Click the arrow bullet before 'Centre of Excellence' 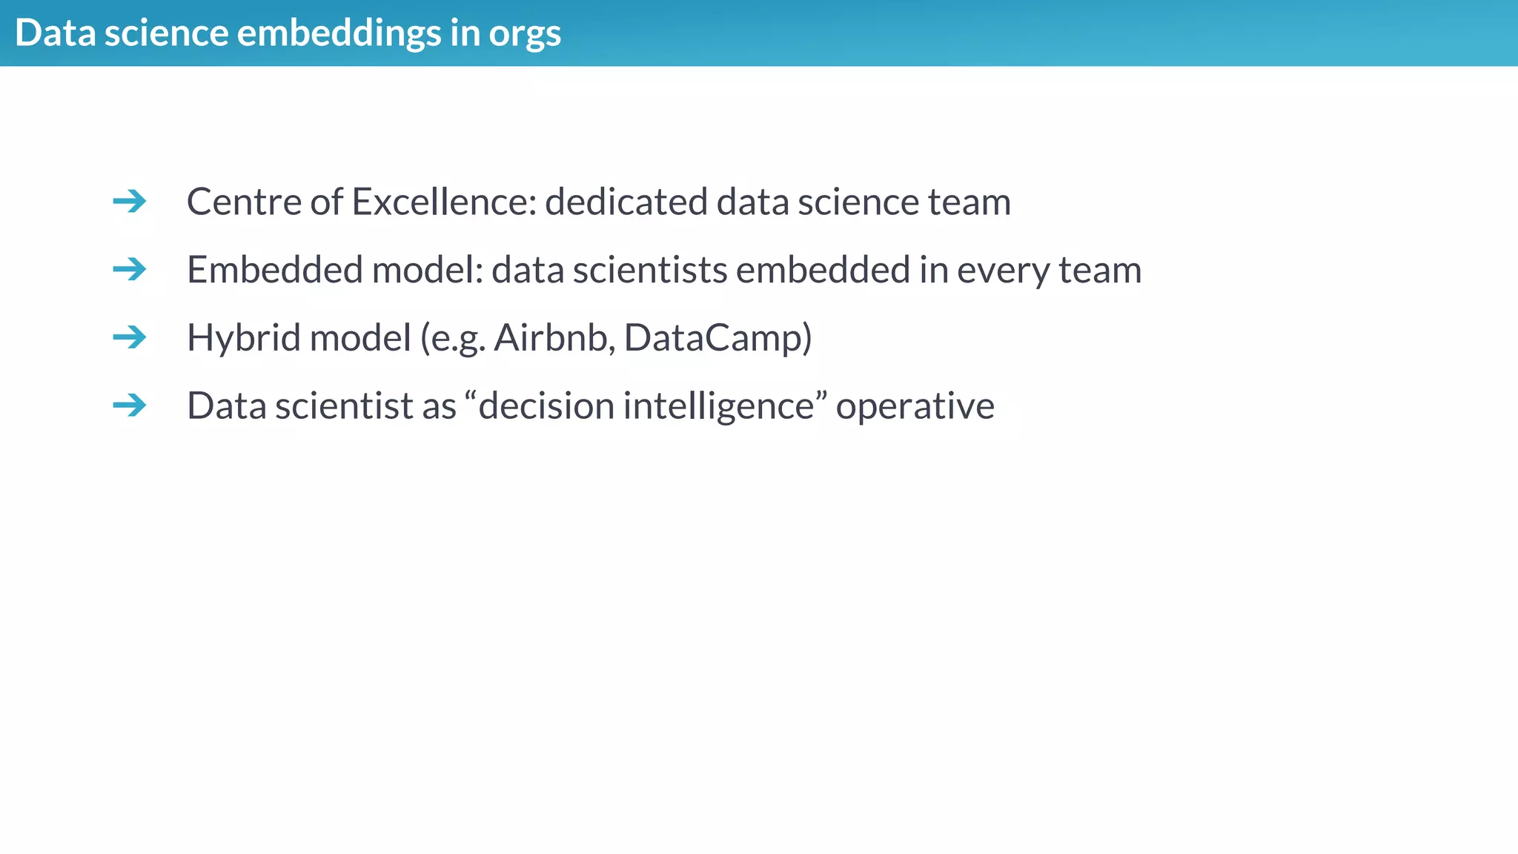coord(130,201)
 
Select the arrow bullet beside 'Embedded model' coord(130,269)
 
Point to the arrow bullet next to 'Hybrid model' coord(130,337)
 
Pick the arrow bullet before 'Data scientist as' coord(130,405)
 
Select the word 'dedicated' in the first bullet coord(626,202)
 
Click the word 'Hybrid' coord(243,338)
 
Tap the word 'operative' coord(915,406)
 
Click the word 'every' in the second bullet coord(1003,271)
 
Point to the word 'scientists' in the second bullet coord(650,270)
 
